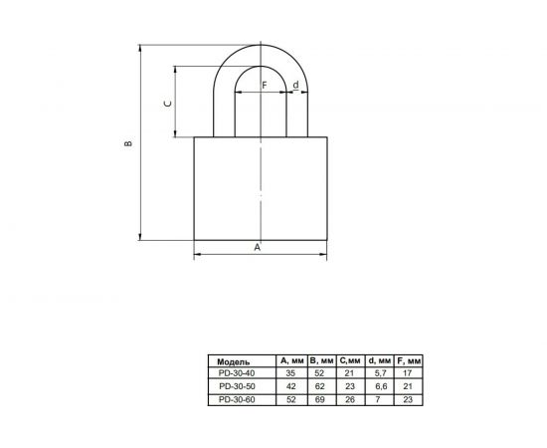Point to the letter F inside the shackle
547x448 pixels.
click(x=264, y=86)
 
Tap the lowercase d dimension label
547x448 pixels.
click(x=295, y=86)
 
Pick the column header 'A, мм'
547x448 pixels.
click(x=292, y=360)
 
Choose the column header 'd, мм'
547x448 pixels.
click(x=379, y=360)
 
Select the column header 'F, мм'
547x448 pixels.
click(x=410, y=360)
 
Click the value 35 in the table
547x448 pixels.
click(x=291, y=372)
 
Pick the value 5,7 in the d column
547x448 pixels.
click(x=379, y=372)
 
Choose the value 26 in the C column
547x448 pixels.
click(x=350, y=398)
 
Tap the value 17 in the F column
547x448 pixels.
click(x=410, y=372)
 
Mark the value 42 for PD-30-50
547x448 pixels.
click(x=291, y=385)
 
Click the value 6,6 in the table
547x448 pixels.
click(x=379, y=385)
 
